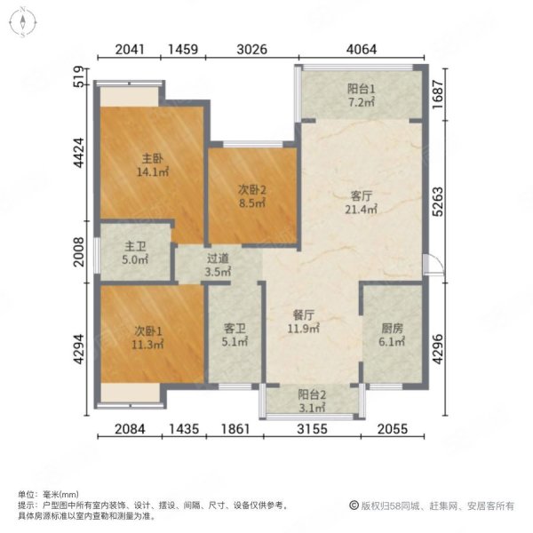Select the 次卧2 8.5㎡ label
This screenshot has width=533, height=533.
pos(251,195)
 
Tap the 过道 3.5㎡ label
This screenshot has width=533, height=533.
pos(218,266)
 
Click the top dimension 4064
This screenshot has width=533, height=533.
pos(363,49)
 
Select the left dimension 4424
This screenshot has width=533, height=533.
pos(78,152)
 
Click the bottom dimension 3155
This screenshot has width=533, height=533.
pos(309,431)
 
